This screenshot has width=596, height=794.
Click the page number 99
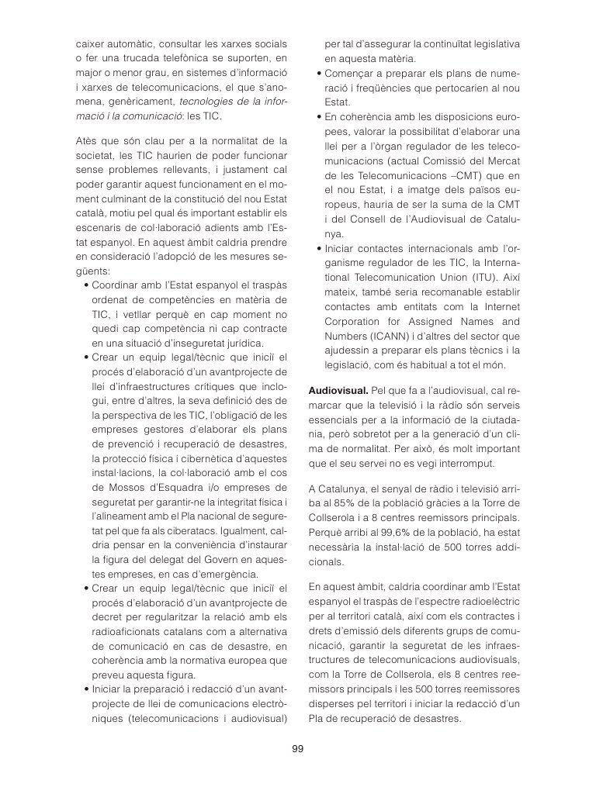298,748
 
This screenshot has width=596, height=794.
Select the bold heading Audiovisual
331,391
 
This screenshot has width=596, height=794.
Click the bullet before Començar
319,74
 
